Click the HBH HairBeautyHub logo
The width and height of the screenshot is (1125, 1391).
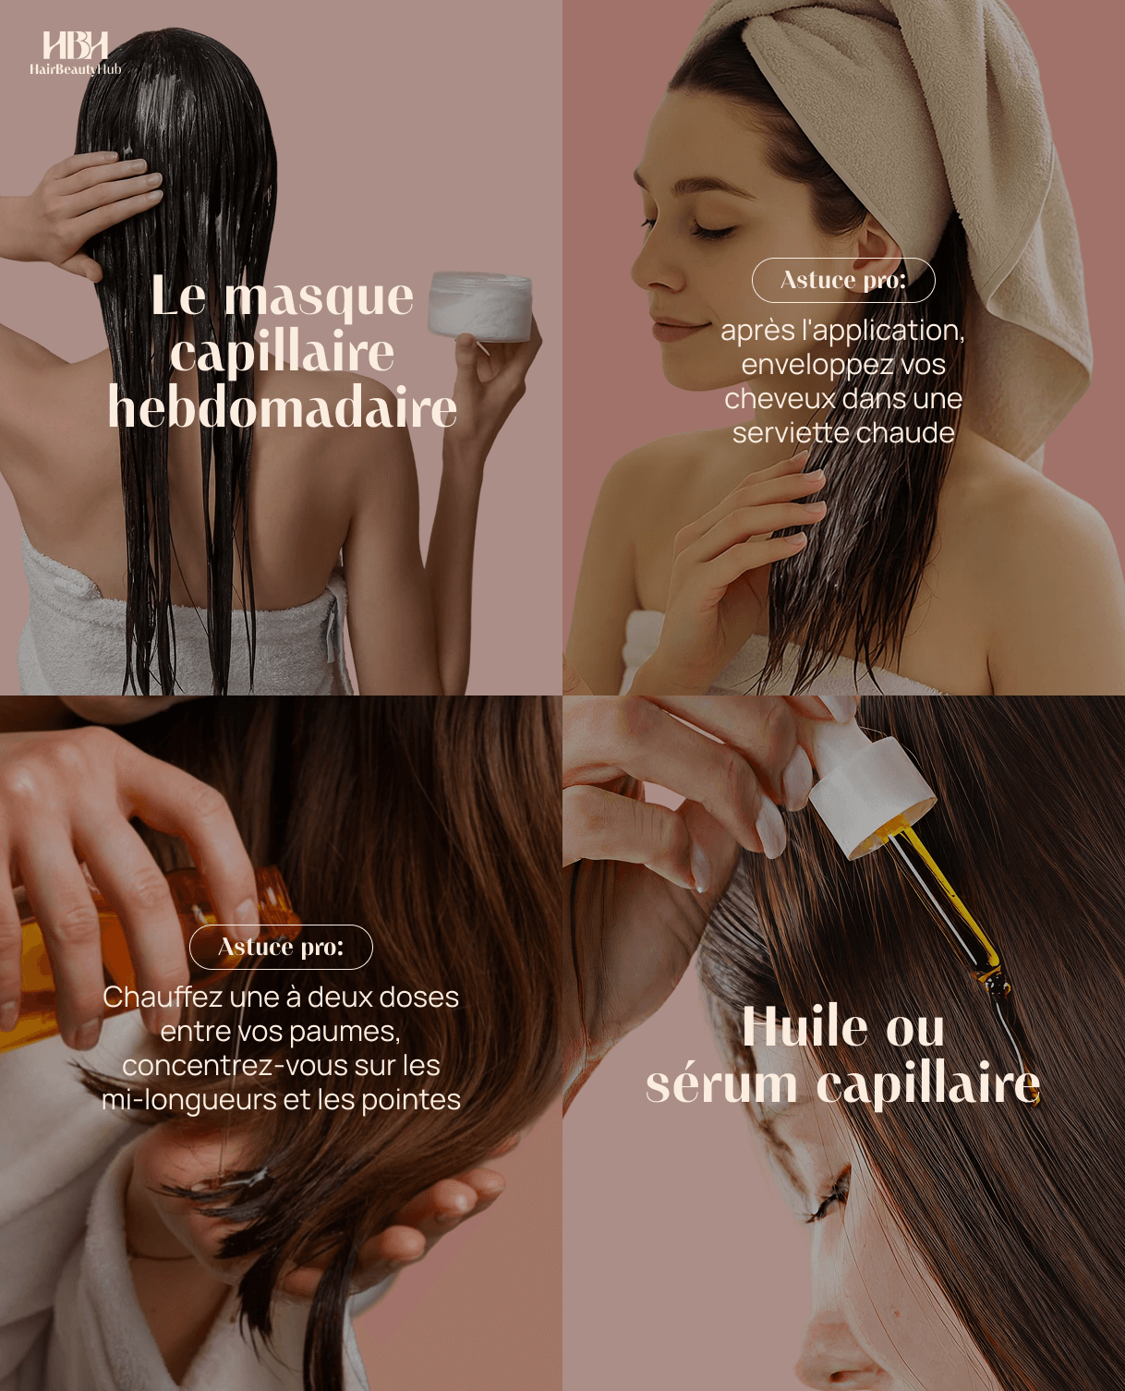[75, 53]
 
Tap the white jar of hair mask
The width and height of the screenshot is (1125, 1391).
[480, 307]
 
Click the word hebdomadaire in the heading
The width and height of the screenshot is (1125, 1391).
[283, 407]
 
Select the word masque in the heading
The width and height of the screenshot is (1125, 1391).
[319, 297]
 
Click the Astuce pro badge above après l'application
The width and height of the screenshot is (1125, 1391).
[843, 280]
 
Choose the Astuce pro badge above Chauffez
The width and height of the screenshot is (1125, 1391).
[281, 947]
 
